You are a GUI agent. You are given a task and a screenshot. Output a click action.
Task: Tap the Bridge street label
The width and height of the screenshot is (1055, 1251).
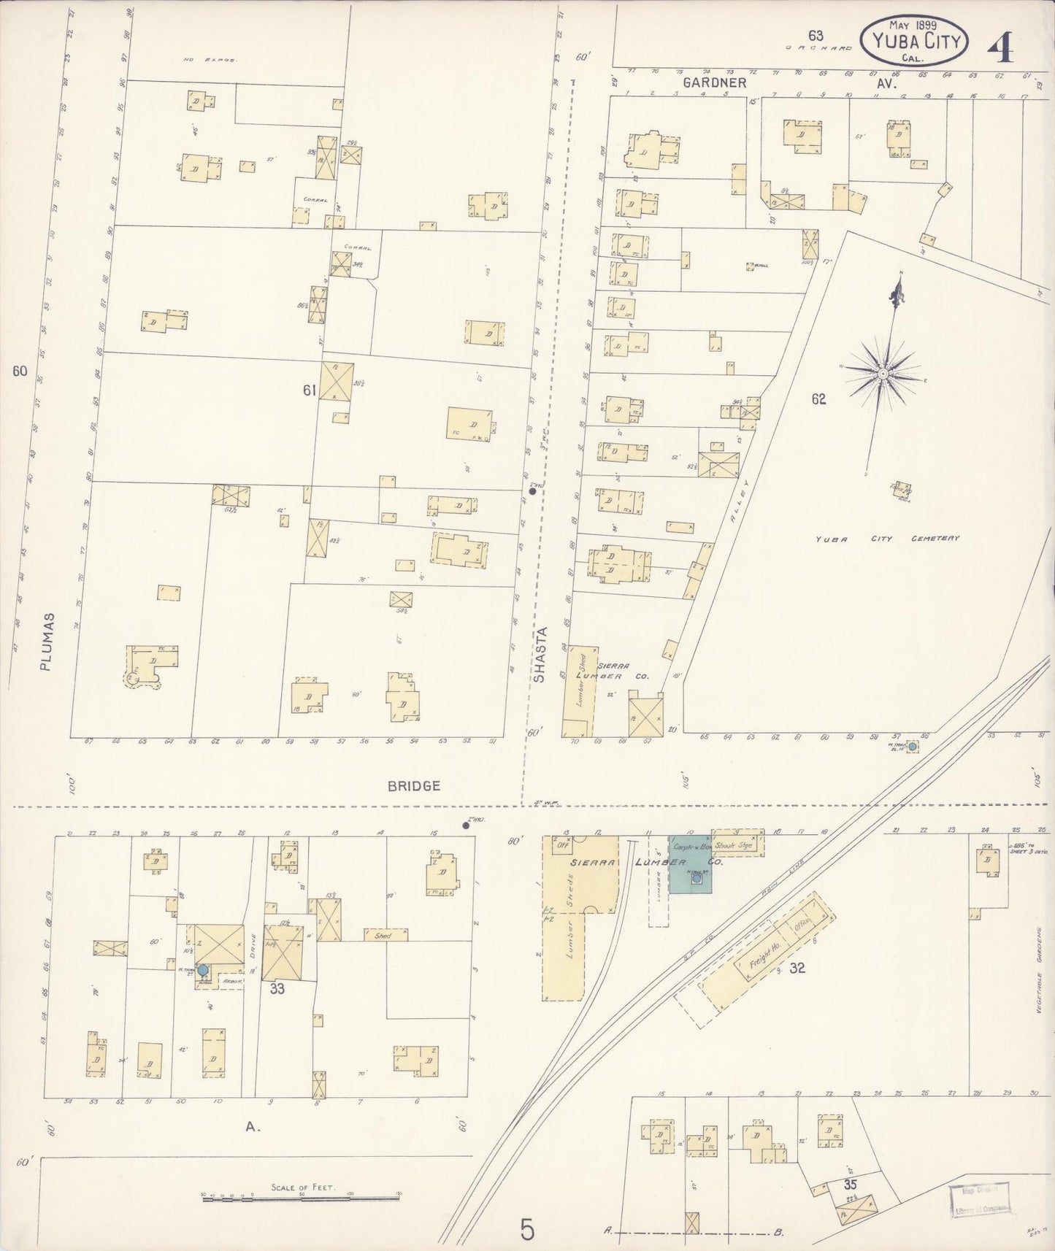pos(414,786)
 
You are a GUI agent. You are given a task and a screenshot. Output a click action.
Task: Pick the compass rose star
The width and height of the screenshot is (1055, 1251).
pos(883,374)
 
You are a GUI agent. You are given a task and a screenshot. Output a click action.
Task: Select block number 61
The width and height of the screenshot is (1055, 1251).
pos(309,391)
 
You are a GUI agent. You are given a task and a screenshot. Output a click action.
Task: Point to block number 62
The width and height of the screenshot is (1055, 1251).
pos(818,399)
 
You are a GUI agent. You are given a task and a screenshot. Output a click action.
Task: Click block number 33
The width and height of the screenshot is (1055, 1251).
pos(277,990)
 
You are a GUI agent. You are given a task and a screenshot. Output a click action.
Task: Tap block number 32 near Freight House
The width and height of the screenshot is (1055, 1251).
pos(797,968)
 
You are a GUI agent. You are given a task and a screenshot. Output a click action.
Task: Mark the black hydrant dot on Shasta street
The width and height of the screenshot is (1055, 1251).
pos(533,491)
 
